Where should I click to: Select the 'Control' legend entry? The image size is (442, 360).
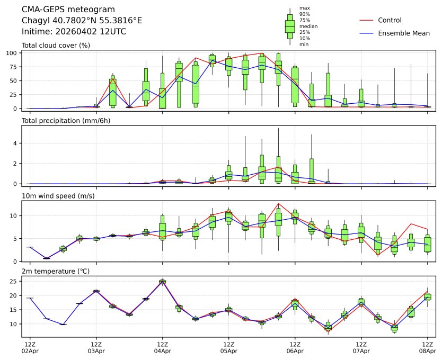pyautogui.click(x=390, y=20)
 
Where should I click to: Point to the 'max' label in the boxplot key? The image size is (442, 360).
pyautogui.click(x=304, y=8)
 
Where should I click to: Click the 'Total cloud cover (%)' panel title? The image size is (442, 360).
pyautogui.click(x=56, y=46)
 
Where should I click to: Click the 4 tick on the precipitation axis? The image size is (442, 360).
pyautogui.click(x=16, y=143)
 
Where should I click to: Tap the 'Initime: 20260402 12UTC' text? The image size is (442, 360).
pyautogui.click(x=74, y=32)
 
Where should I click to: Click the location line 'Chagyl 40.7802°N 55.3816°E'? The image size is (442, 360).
pyautogui.click(x=82, y=21)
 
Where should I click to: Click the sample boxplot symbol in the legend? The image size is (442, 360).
pyautogui.click(x=290, y=26)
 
